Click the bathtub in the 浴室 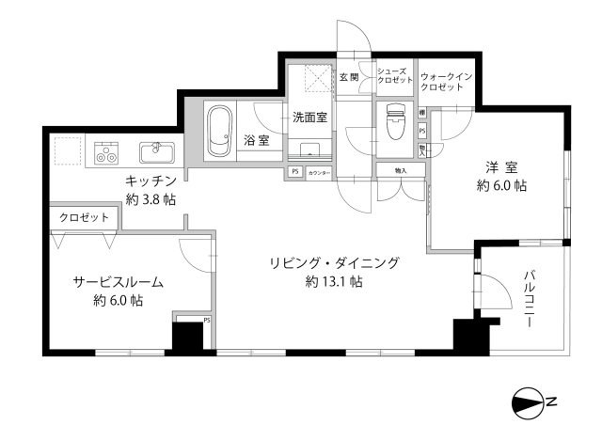[220, 132]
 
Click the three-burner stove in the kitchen [106, 151]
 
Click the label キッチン [150, 181]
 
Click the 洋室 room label [501, 167]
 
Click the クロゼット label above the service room [84, 217]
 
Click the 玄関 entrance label [349, 77]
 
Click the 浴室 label [256, 140]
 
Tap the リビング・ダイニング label [334, 262]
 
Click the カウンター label [318, 172]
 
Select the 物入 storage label [400, 170]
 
